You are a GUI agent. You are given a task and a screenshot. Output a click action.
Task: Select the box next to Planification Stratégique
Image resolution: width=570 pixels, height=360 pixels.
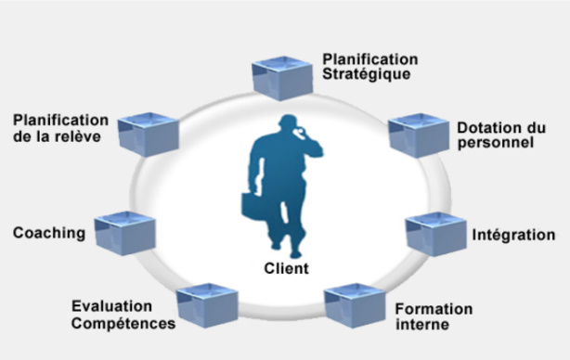pos(282,78)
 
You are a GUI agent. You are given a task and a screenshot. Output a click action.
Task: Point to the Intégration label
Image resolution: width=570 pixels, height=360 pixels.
pos(514,236)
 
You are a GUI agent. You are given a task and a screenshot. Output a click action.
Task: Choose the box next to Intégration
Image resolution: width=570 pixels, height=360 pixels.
pos(436,234)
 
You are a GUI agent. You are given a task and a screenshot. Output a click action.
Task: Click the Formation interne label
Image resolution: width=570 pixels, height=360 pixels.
pos(433,316)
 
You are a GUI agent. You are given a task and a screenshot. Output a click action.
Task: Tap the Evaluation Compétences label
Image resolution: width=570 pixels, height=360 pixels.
pos(123,315)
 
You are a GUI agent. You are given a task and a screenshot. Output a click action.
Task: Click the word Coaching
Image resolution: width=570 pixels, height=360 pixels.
pos(48,232)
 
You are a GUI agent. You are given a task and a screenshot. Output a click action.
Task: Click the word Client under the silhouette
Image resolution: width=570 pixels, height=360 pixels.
pos(286,269)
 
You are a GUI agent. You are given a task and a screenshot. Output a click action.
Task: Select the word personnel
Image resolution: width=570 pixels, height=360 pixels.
pos(495,144)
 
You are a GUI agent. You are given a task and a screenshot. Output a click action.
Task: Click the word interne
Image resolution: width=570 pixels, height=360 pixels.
pos(421,325)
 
